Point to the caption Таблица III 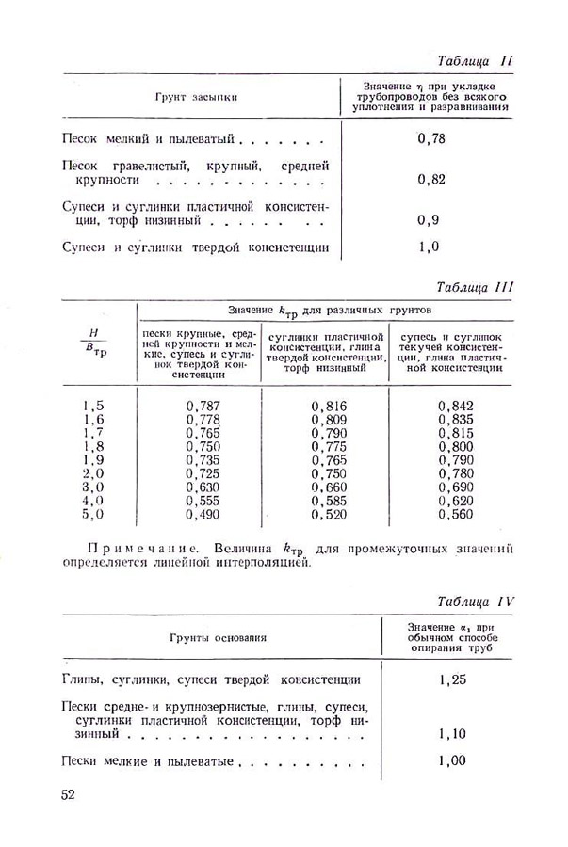click(x=475, y=285)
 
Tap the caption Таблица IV click(x=477, y=599)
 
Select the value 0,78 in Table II click(x=430, y=140)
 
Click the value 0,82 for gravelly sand click(x=430, y=180)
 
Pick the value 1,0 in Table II click(x=429, y=248)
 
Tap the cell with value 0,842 click(x=455, y=405)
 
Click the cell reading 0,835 click(x=455, y=419)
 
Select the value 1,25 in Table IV click(x=452, y=679)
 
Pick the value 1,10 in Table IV click(x=452, y=732)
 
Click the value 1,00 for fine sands click(x=452, y=760)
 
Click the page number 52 click(x=68, y=795)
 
